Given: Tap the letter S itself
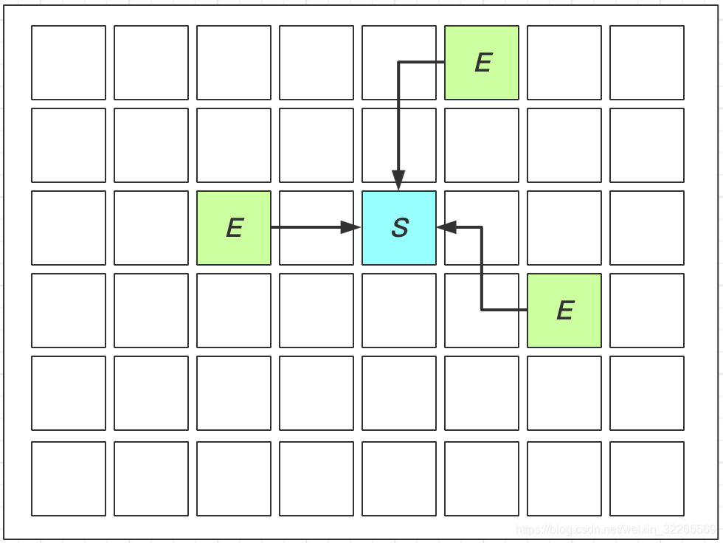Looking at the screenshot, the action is (x=400, y=228).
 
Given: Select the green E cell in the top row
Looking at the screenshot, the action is (x=482, y=63).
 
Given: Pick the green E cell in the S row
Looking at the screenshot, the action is (x=234, y=228).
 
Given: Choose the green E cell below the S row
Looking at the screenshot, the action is (x=564, y=311).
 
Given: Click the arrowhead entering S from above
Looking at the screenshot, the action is (x=398, y=181).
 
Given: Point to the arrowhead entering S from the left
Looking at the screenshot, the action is (x=350, y=227).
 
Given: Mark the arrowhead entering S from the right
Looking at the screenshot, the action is (x=447, y=227).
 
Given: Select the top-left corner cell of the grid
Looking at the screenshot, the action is (x=69, y=63).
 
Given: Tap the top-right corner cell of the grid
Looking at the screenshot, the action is (x=647, y=63).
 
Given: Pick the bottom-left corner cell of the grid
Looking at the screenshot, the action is (x=69, y=479).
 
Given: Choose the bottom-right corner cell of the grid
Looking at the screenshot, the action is (x=647, y=479).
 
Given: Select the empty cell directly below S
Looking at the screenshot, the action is (x=399, y=311).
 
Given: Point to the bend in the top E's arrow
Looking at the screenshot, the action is (x=398, y=62).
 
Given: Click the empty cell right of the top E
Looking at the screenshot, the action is (x=564, y=63).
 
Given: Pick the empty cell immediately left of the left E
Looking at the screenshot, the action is (x=151, y=228).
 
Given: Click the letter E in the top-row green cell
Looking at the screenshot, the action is (x=483, y=63).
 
